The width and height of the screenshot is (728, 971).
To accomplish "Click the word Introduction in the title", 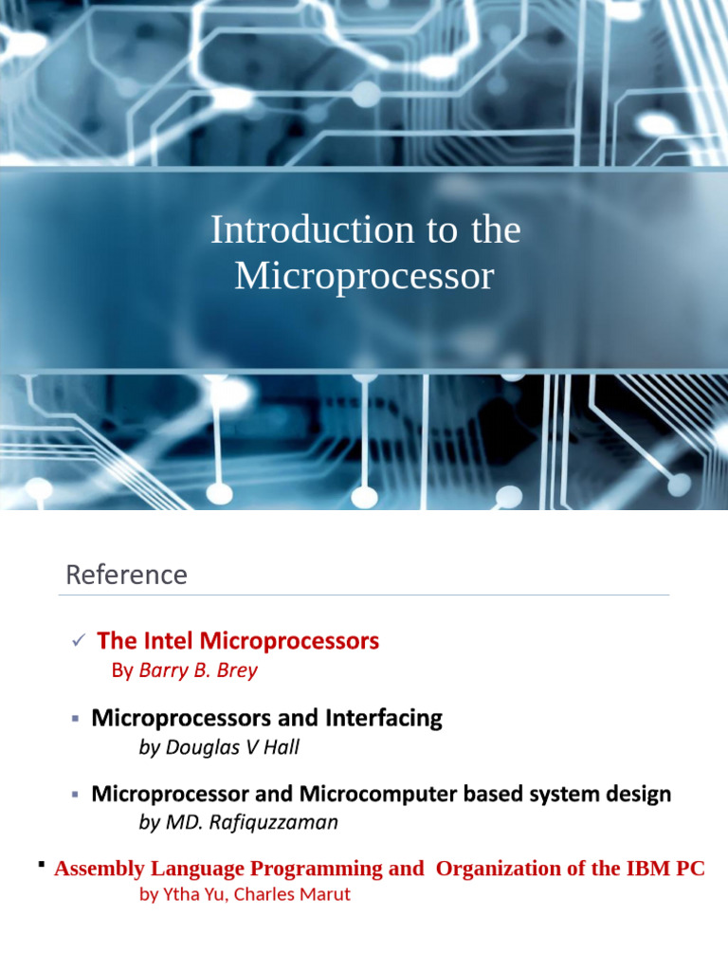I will (x=286, y=229).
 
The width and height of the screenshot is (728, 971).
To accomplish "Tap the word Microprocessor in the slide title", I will (x=365, y=276).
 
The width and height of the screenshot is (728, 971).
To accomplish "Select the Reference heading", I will (x=126, y=575).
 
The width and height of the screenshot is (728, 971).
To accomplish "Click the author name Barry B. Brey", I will (x=198, y=670).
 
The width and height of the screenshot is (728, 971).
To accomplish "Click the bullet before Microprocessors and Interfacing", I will (x=76, y=719).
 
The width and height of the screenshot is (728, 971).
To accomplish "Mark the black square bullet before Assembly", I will (x=42, y=866).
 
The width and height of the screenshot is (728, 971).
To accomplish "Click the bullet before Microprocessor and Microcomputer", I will (x=76, y=794).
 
